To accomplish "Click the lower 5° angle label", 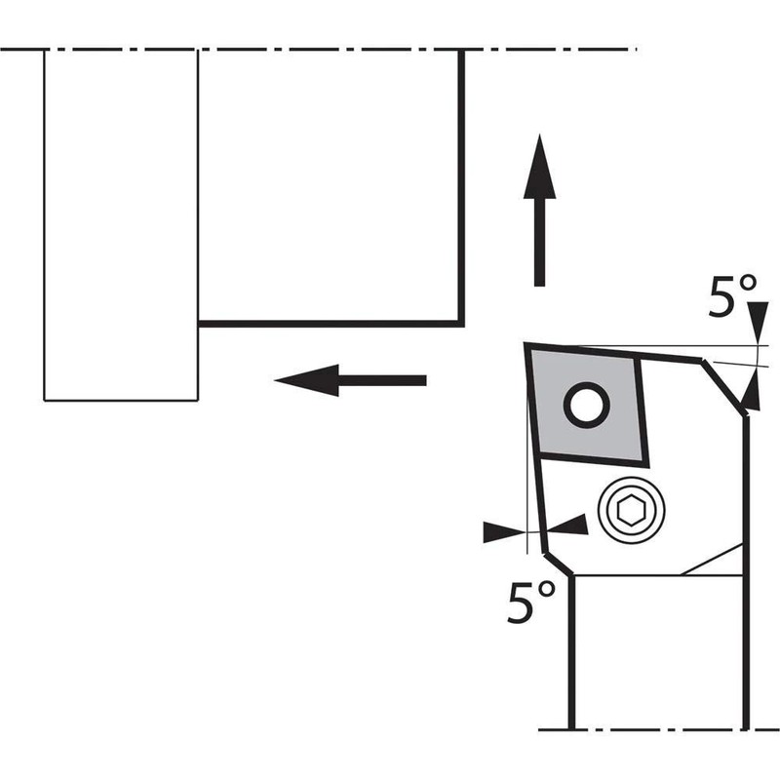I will [531, 604].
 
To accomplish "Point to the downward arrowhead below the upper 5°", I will [756, 329].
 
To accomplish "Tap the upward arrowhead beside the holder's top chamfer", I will [750, 394].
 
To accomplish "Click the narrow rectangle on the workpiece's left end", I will [121, 224].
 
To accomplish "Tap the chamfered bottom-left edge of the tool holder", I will [557, 564].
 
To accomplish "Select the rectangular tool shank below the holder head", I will [658, 653].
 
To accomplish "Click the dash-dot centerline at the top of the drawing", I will [322, 49].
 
